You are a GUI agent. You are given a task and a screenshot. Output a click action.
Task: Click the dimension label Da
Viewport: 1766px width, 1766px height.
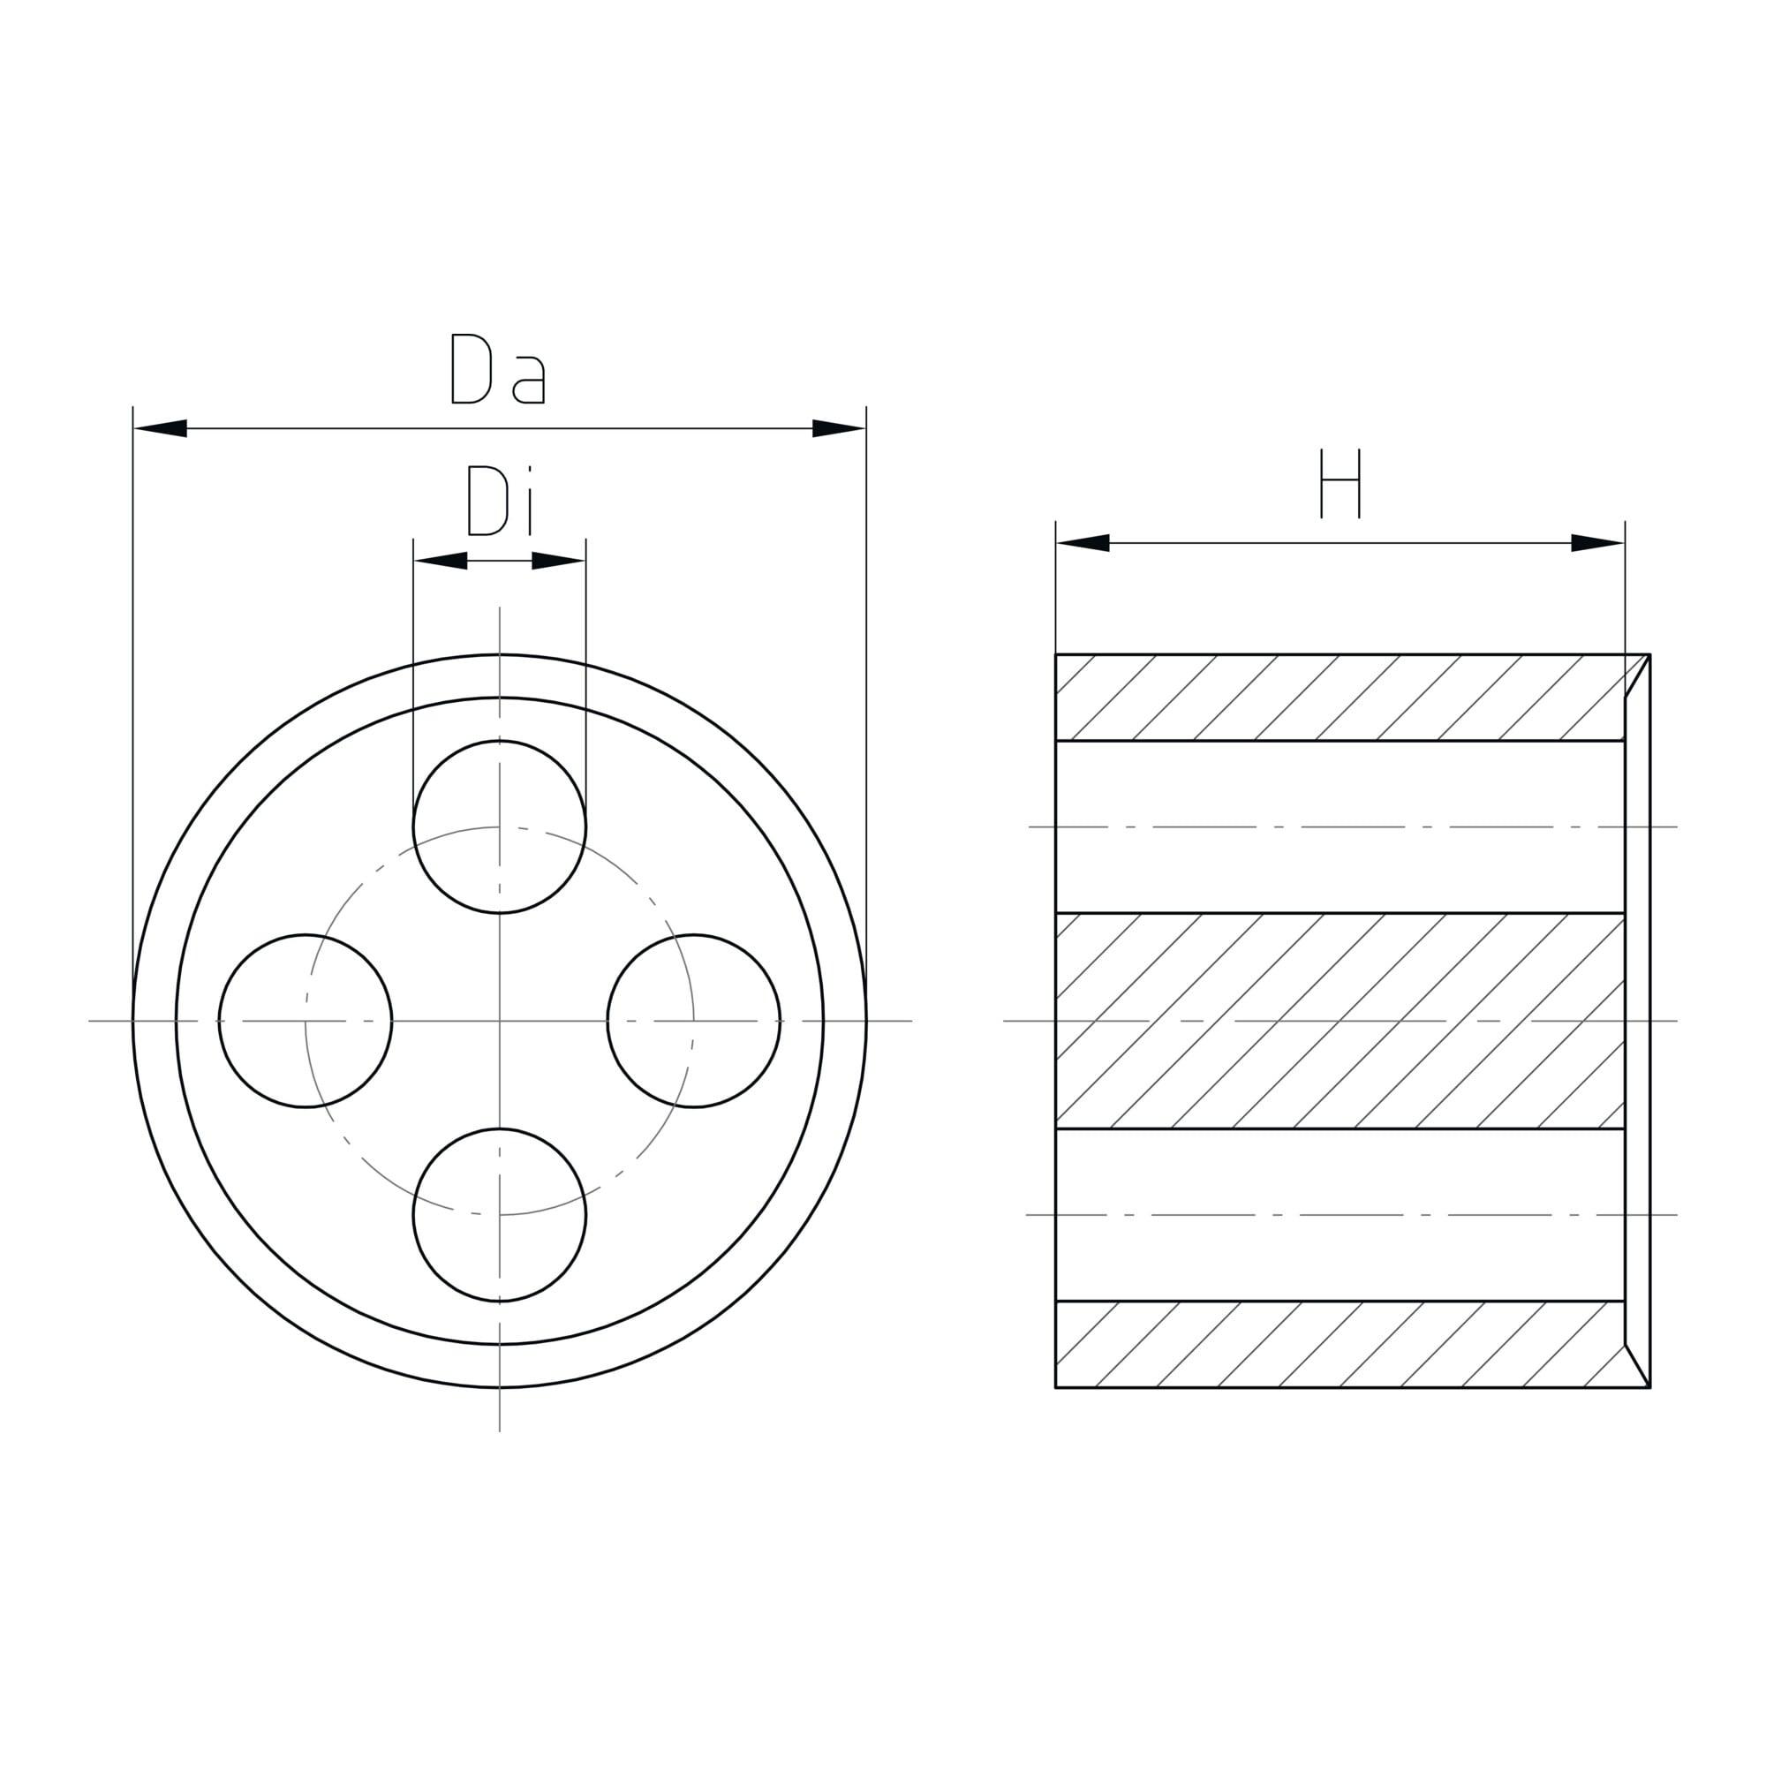pyautogui.click(x=498, y=368)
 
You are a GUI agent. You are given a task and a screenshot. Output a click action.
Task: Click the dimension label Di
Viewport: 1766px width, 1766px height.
pyautogui.click(x=499, y=500)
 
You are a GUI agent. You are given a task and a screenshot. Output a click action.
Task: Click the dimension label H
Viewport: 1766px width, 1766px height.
pyautogui.click(x=1340, y=484)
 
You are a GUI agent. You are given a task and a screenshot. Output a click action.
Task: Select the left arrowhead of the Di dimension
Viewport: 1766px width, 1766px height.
pyautogui.click(x=441, y=561)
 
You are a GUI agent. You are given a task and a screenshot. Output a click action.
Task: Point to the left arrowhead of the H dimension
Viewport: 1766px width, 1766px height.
pyautogui.click(x=1083, y=543)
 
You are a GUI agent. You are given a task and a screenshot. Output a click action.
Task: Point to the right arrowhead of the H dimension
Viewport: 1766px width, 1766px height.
pyautogui.click(x=1598, y=543)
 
